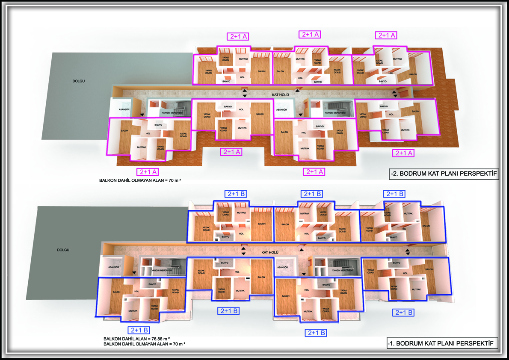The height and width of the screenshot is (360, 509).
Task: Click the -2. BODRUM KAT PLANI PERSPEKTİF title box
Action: (444, 174)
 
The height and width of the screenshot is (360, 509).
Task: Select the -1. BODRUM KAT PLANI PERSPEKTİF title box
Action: (442, 343)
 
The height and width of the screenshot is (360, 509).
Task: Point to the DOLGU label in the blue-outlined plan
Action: (63, 250)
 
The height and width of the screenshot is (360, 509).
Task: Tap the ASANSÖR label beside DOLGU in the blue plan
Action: (110, 267)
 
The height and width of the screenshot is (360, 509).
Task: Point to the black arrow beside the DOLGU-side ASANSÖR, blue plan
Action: (135, 272)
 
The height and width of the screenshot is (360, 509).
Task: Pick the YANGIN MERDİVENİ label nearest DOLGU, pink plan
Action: (172, 112)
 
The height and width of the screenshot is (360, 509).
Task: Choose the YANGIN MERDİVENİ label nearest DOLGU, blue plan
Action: (163, 270)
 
